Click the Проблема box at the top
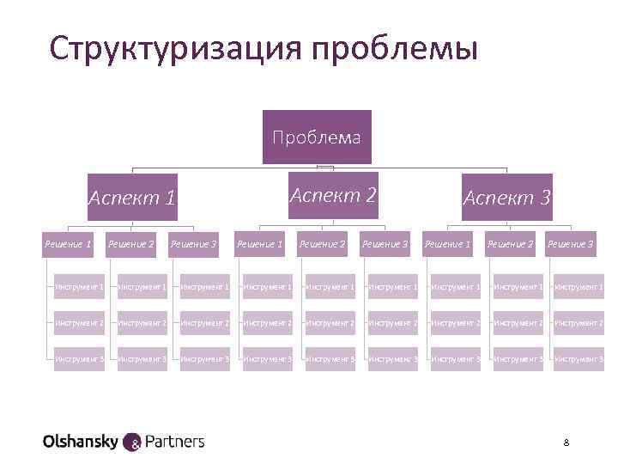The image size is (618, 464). (x=317, y=137)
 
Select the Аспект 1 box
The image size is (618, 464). (x=132, y=198)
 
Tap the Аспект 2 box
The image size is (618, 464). (x=333, y=195)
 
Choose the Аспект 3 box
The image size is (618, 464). (x=506, y=198)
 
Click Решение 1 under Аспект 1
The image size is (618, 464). (x=68, y=245)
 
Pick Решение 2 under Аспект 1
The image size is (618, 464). (x=130, y=245)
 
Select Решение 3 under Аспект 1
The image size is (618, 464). (x=194, y=245)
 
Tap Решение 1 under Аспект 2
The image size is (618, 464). (x=259, y=245)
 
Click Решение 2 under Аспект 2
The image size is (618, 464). (x=322, y=245)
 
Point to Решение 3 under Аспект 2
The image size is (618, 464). (x=385, y=245)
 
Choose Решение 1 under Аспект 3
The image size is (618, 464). (x=447, y=245)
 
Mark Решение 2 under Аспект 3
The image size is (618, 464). (x=509, y=245)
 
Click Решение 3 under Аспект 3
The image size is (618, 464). (x=570, y=245)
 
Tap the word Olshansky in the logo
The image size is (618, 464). (x=81, y=442)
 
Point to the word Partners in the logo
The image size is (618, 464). (x=175, y=442)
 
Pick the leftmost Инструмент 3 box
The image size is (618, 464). (x=79, y=358)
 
